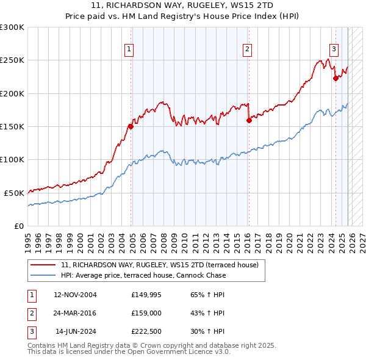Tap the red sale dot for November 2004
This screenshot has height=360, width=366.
click(131, 127)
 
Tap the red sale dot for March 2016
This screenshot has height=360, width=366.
click(249, 121)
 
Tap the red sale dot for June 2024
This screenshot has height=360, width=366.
click(335, 78)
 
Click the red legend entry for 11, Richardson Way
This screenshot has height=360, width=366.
click(160, 265)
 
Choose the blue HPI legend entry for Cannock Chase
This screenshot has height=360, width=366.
click(143, 275)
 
